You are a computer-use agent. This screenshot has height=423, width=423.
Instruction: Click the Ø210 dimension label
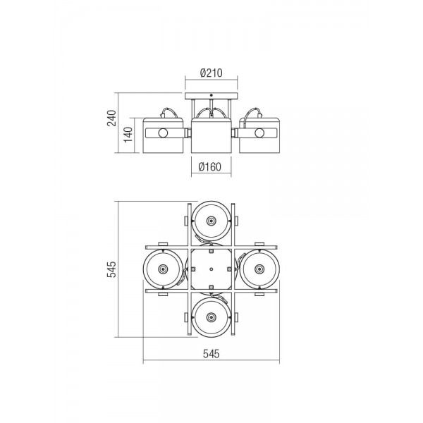point(211,73)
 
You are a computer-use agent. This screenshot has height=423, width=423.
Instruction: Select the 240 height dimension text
point(111,118)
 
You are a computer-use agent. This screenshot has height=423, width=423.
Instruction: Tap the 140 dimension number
point(128,135)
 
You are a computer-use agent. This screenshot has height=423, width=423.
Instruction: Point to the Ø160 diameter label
point(209,166)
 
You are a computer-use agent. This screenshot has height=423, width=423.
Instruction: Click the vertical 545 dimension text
point(111,269)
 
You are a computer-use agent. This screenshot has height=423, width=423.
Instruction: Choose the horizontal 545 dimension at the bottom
point(211,353)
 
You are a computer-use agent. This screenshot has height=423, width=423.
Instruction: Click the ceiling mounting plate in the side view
point(211,96)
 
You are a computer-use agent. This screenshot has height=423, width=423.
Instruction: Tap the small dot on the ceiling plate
point(211,95)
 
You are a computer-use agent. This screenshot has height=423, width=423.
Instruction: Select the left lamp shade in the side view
point(164,135)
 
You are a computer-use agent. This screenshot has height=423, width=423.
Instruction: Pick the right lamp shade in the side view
point(259,135)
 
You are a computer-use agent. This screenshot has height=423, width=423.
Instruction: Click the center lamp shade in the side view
point(211,135)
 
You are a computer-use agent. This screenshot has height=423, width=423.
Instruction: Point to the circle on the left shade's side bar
point(163,133)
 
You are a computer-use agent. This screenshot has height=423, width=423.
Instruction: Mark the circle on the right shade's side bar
point(259,133)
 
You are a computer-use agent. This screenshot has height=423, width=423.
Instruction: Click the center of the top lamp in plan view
point(211,221)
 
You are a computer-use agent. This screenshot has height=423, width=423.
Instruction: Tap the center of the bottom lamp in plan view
point(211,317)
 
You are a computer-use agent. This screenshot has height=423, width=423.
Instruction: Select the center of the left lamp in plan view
point(163,269)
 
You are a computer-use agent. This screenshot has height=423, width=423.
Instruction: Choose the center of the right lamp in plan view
point(259,269)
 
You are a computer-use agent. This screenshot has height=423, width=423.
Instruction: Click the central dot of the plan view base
point(211,269)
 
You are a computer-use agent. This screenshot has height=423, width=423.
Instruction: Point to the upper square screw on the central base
point(211,251)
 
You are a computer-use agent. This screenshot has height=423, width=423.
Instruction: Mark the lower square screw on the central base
point(211,287)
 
